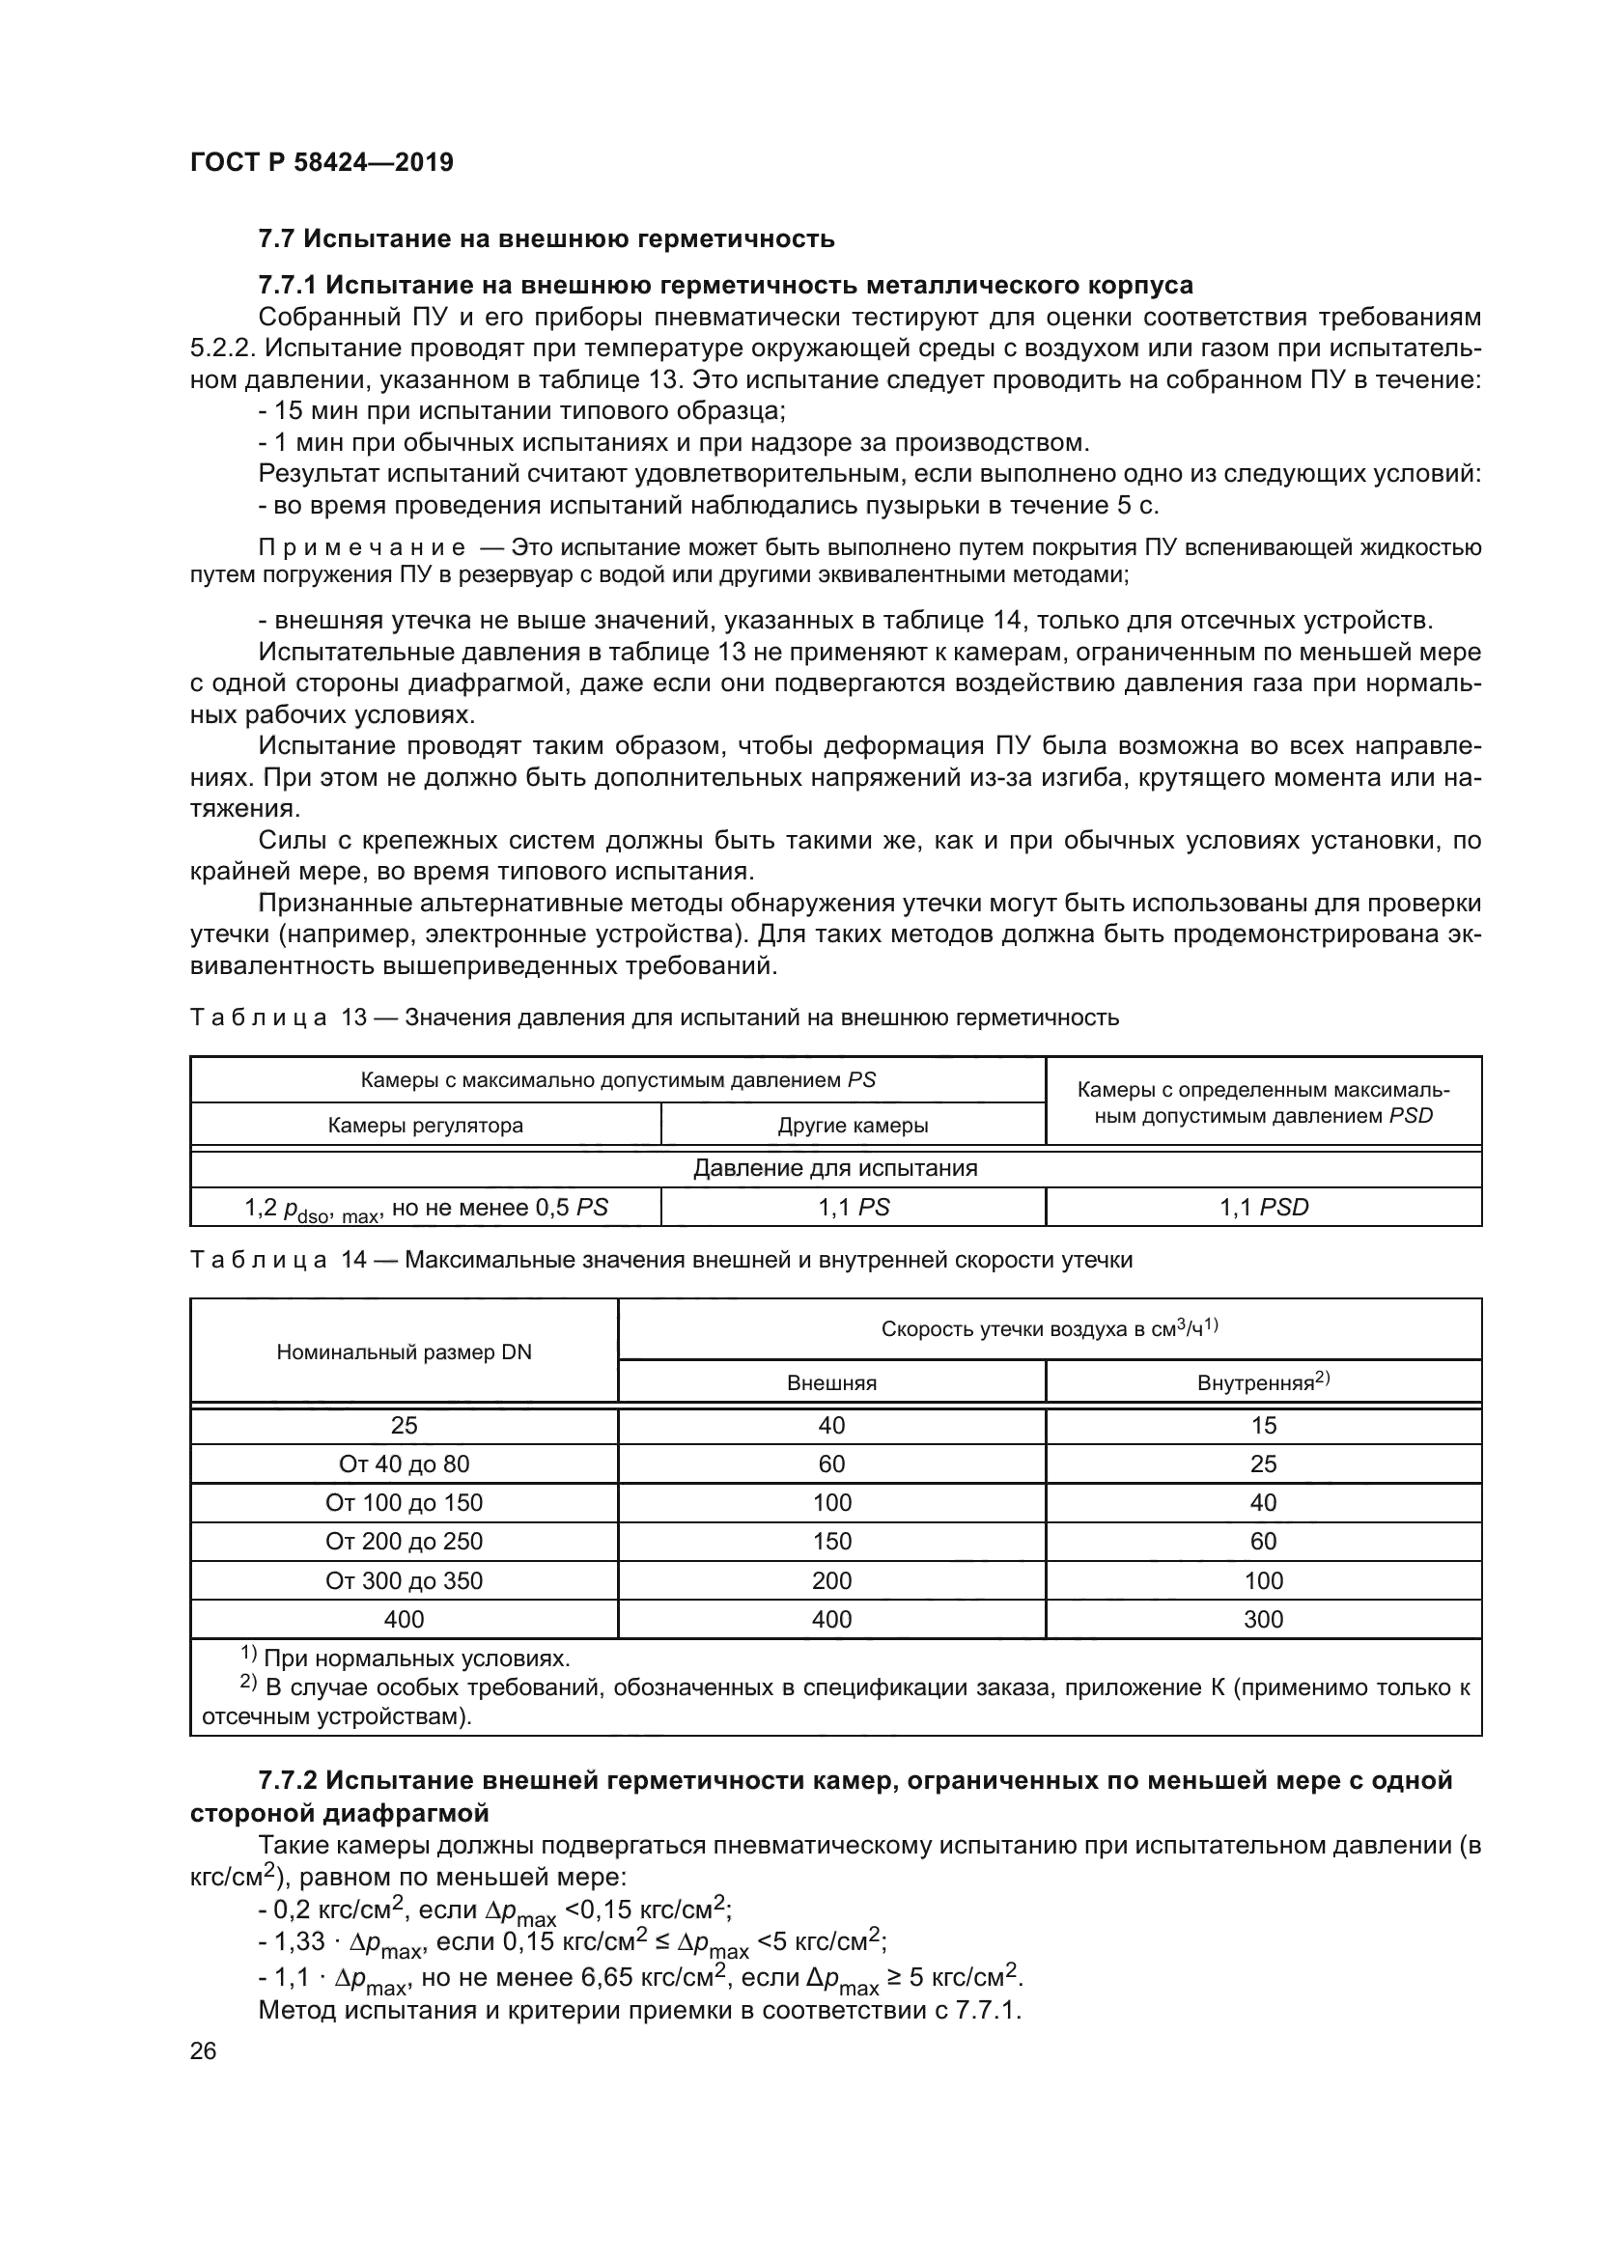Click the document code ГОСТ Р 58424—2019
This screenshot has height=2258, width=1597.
[321, 163]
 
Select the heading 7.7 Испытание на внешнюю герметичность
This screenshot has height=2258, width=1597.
[546, 239]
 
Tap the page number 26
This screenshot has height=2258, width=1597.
[204, 2050]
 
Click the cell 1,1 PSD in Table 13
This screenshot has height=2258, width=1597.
[1264, 1208]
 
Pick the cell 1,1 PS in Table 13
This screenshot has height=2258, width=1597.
[853, 1208]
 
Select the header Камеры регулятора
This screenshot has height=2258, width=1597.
[425, 1125]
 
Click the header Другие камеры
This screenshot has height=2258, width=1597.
[853, 1126]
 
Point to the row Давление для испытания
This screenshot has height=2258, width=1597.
[835, 1168]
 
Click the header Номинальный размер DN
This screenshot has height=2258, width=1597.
[404, 1352]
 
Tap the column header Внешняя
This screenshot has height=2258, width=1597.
[831, 1383]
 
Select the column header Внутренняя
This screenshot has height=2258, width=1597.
[1263, 1382]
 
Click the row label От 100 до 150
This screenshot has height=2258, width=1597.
[404, 1503]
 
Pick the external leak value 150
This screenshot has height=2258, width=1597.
[831, 1541]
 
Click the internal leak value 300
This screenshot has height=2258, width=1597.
[1263, 1619]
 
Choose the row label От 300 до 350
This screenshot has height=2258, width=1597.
[404, 1580]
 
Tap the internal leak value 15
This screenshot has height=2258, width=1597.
[1263, 1425]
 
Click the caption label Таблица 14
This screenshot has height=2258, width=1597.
[278, 1260]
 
